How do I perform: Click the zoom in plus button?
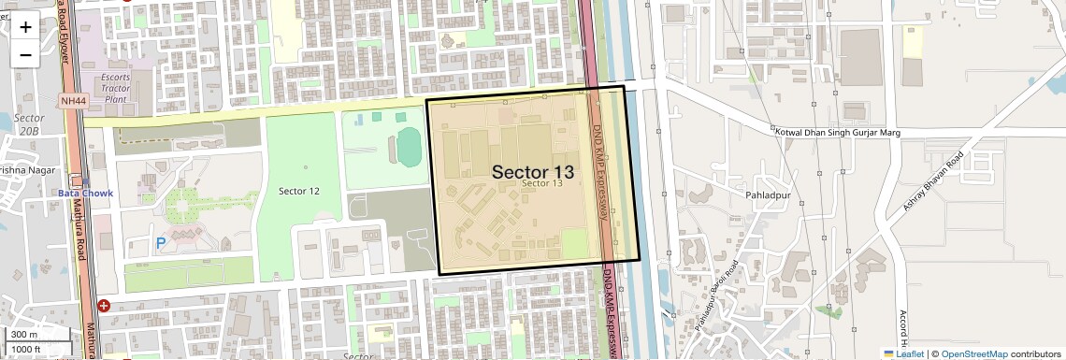pyautogui.click(x=25, y=27)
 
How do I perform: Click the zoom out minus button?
pyautogui.click(x=25, y=54)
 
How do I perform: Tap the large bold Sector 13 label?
pyautogui.click(x=533, y=171)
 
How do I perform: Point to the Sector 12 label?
pyautogui.click(x=299, y=191)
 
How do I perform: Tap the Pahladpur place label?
pyautogui.click(x=768, y=194)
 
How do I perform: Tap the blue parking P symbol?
pyautogui.click(x=161, y=243)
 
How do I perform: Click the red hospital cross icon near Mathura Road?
pyautogui.click(x=104, y=305)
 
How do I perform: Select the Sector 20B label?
pyautogui.click(x=30, y=124)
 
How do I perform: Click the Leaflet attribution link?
pyautogui.click(x=903, y=353)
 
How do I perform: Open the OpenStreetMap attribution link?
pyautogui.click(x=974, y=353)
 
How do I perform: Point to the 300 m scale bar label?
pyautogui.click(x=24, y=335)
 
